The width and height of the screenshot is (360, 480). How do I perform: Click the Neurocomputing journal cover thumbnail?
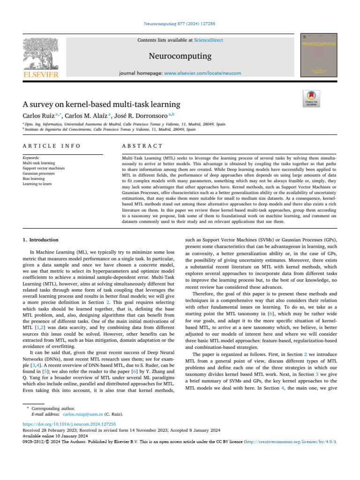(320, 55)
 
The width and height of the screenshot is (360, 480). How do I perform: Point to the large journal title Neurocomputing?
(180, 57)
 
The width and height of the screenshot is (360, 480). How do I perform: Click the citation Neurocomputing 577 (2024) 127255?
(180, 23)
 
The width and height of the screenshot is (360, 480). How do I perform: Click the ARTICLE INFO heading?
(52, 147)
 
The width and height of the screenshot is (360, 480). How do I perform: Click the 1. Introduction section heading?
(41, 240)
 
